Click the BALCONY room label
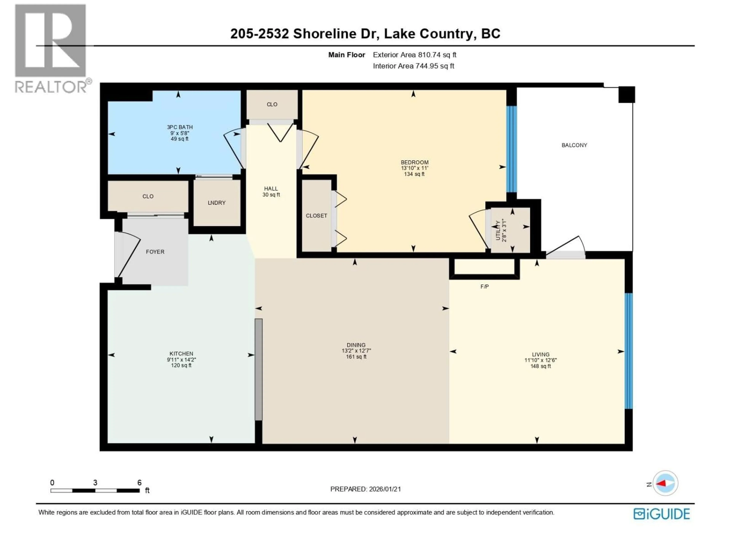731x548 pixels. coord(574,145)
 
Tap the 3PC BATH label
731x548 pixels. coord(180,127)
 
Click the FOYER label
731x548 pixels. coord(155,252)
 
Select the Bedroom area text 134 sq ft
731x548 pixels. coord(414,174)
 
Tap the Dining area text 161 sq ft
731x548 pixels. coord(356,357)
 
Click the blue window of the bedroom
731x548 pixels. coord(512,149)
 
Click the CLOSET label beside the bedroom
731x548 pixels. coord(316,216)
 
